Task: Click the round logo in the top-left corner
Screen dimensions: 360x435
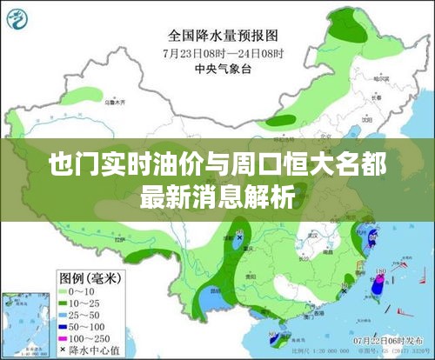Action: [17, 17]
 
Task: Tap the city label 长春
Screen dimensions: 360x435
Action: [372, 98]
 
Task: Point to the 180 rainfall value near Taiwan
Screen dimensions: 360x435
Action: [380, 272]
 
